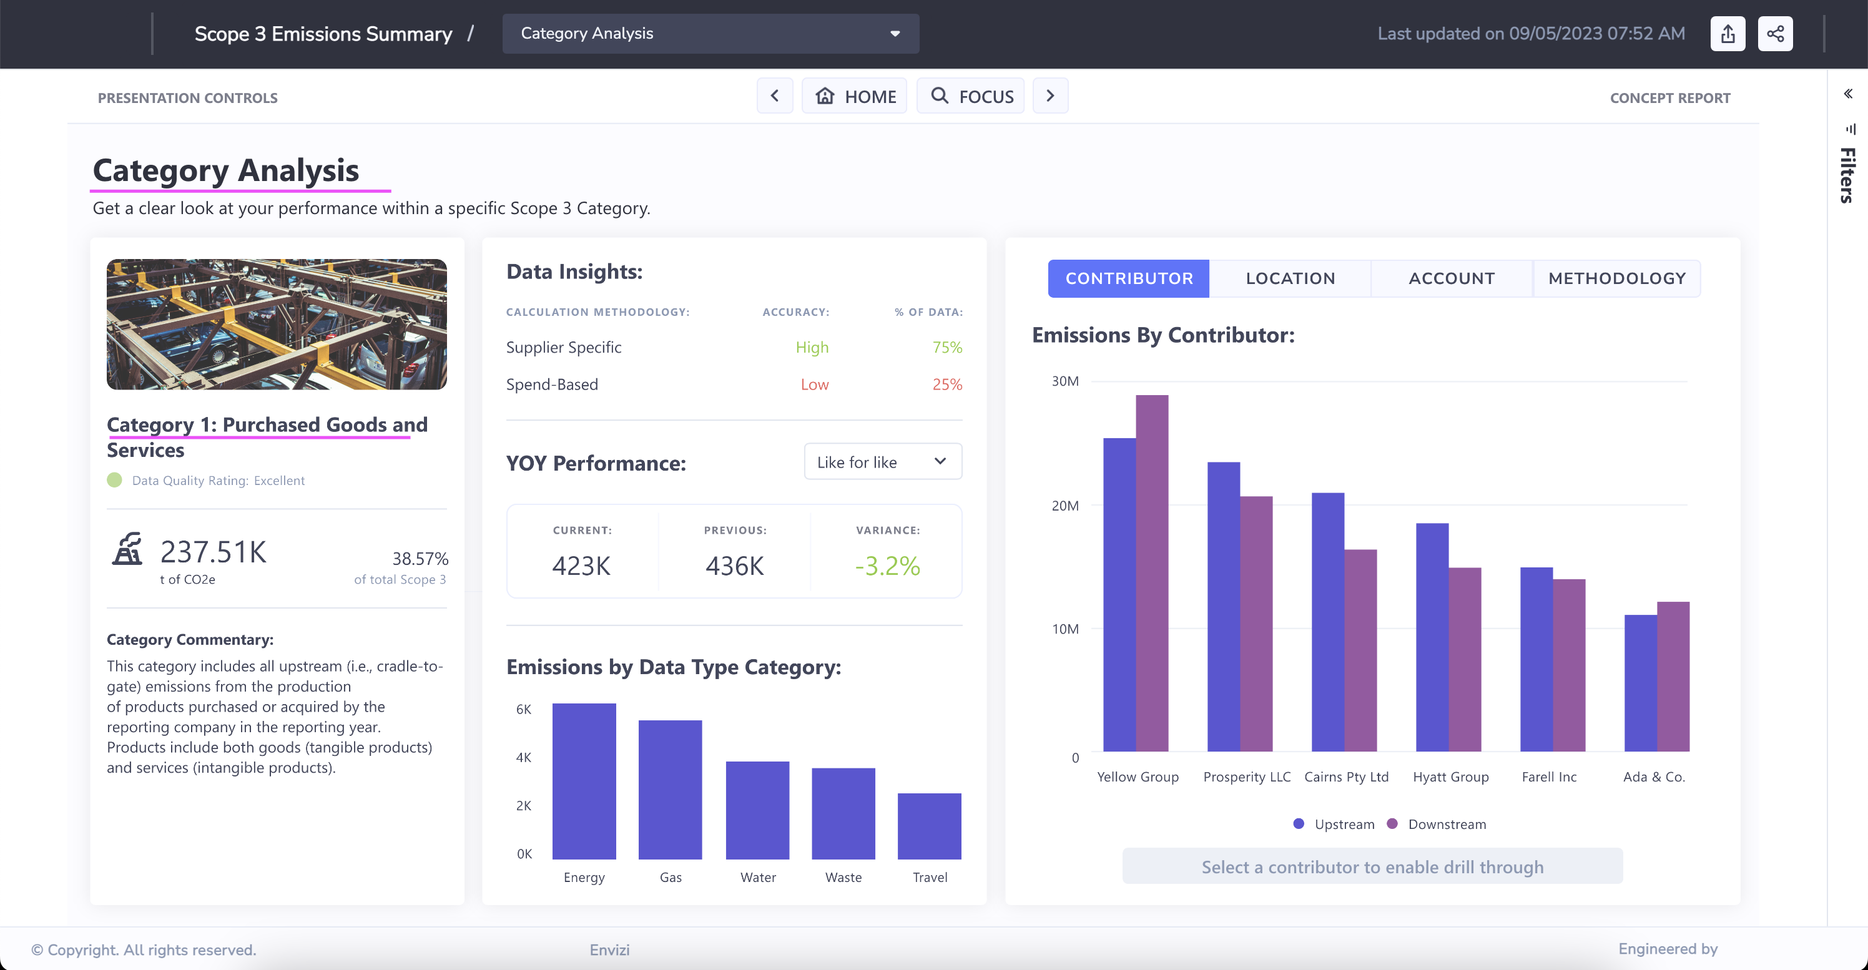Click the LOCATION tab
pos(1290,278)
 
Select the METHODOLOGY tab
pos(1616,278)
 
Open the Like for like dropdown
pos(883,462)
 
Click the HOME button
pos(855,96)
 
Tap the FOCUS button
pos(971,96)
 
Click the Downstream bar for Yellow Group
pos(1151,573)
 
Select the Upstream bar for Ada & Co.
pos(1639,683)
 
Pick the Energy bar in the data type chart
pos(584,781)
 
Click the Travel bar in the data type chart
pos(929,826)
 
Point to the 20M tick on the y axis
pos(1064,506)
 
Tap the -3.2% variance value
pos(887,566)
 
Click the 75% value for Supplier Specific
pos(947,347)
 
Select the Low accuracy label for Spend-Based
pos(814,385)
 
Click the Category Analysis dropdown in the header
pos(710,33)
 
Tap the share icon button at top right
pos(1774,33)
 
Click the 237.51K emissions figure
pos(213,552)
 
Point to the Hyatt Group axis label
pos(1450,776)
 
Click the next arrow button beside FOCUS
pos(1050,96)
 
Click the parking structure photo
pos(277,324)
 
